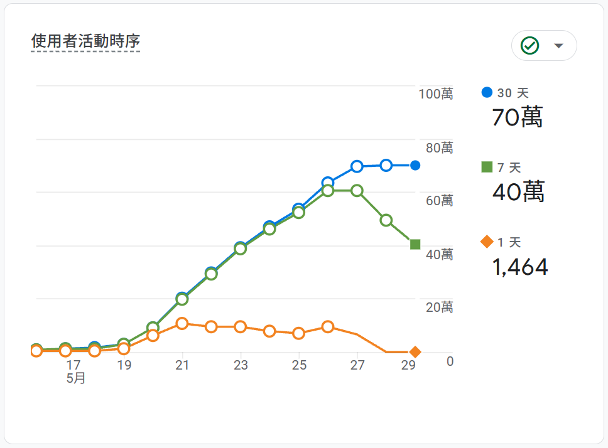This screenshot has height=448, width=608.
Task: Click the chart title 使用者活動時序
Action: click(x=85, y=41)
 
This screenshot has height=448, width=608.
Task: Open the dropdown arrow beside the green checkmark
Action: click(x=558, y=46)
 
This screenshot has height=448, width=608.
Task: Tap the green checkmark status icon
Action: click(x=530, y=45)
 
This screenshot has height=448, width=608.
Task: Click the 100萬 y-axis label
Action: click(x=436, y=94)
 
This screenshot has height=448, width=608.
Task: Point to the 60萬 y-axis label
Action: click(x=439, y=201)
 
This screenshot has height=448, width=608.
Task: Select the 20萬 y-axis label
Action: click(x=439, y=307)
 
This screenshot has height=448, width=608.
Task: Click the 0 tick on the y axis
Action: click(x=450, y=361)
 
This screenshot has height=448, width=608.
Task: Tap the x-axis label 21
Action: click(x=182, y=365)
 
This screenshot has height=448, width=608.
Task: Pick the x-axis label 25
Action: click(x=299, y=365)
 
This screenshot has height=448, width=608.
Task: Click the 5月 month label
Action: click(x=76, y=378)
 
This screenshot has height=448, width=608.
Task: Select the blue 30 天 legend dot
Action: click(x=487, y=92)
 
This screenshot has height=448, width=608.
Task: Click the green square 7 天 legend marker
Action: click(x=487, y=167)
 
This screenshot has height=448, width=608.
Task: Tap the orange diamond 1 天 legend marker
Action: click(x=487, y=242)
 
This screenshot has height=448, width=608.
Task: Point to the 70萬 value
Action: click(x=517, y=117)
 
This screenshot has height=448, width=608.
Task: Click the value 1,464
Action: click(x=520, y=267)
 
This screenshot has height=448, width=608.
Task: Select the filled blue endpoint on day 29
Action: click(x=415, y=166)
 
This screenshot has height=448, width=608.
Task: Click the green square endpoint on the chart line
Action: click(x=415, y=245)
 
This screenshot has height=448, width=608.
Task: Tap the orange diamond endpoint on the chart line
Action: click(x=415, y=352)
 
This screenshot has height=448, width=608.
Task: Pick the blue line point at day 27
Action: click(x=357, y=166)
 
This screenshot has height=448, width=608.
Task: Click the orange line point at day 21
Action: click(x=182, y=324)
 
